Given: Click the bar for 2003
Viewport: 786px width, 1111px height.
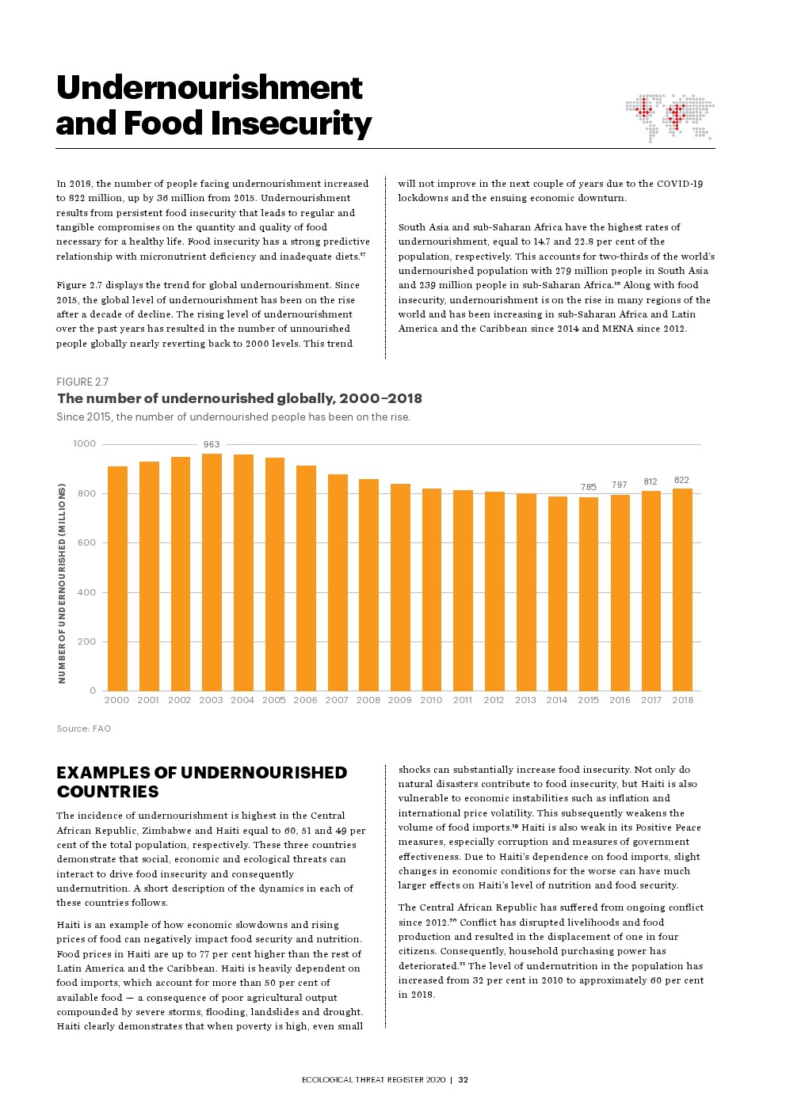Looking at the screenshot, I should [x=212, y=572].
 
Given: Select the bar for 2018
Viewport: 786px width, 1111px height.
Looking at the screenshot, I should [x=682, y=589].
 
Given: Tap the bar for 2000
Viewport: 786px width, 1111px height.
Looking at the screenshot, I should [x=117, y=578].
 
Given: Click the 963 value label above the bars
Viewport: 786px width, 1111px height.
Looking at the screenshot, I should [x=212, y=444].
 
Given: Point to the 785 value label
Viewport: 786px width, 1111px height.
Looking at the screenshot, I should [x=588, y=487].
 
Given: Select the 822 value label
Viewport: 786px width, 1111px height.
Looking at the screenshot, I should [x=681, y=480].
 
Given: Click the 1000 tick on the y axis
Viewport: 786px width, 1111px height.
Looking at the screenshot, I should [x=85, y=443].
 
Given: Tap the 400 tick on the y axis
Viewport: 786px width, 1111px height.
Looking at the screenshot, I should [x=86, y=592].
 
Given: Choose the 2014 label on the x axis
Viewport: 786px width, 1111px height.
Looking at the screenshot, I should [x=556, y=700].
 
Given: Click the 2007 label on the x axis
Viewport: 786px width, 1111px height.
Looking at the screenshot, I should [x=337, y=700].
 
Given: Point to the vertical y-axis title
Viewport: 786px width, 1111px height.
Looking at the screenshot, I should [x=62, y=584].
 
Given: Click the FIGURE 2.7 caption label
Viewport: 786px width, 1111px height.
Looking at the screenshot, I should [x=82, y=382].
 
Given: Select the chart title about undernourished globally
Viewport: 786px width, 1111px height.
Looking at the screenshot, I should [x=239, y=398].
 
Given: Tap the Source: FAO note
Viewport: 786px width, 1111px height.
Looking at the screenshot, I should [x=83, y=729].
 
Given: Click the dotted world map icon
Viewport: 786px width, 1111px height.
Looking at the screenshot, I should [x=670, y=118].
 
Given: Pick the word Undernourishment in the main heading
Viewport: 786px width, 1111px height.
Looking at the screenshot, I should [x=209, y=87].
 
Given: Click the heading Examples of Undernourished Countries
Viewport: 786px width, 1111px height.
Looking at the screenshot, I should [x=201, y=782].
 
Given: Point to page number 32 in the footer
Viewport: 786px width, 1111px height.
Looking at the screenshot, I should [x=464, y=1079].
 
